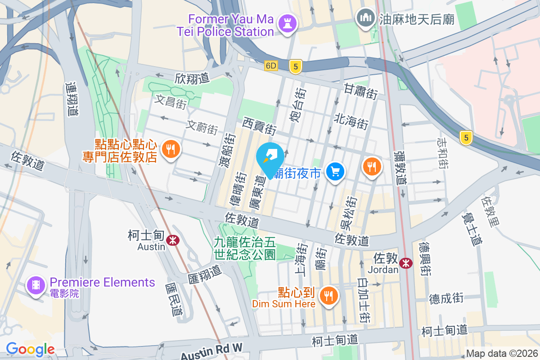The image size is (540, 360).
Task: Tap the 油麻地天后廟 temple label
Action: (x=416, y=19)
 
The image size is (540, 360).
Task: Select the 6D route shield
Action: (x=271, y=66)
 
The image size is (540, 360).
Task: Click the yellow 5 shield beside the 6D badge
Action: (x=295, y=66)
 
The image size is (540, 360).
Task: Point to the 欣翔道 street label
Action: (x=192, y=78)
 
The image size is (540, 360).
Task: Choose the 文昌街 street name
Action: (x=171, y=102)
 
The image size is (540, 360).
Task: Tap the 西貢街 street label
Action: (x=259, y=126)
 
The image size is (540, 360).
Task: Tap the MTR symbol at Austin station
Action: (x=172, y=240)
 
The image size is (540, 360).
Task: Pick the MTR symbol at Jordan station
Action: (x=406, y=263)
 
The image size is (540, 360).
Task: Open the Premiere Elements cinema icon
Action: (x=36, y=284)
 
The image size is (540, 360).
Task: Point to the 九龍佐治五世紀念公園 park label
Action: (x=245, y=249)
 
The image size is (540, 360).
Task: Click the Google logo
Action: (x=30, y=349)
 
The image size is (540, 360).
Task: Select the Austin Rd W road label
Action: (x=211, y=351)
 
